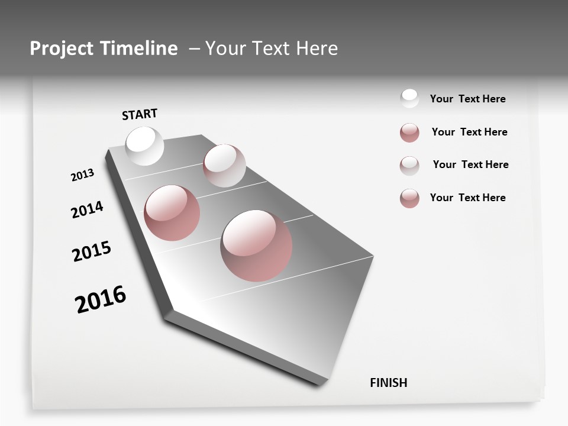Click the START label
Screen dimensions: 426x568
[x=140, y=114]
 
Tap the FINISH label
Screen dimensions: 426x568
[x=389, y=382]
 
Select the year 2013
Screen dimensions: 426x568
[x=82, y=175]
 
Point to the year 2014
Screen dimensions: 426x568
[x=87, y=209]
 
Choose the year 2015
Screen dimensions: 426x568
[x=92, y=251]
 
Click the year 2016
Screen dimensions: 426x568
[x=101, y=299]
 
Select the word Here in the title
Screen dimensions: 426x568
[x=317, y=49]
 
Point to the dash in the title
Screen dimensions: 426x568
[x=194, y=49]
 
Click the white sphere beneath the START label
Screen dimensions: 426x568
[x=144, y=146]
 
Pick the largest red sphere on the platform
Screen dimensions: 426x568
[x=256, y=246]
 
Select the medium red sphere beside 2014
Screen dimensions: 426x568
[x=172, y=212]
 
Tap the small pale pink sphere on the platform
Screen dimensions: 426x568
[x=224, y=166]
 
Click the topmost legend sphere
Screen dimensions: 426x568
[x=409, y=98]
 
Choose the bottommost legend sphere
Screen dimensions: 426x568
[x=409, y=198]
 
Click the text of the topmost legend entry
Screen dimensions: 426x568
[x=467, y=99]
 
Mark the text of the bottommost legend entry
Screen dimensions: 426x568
[x=467, y=198]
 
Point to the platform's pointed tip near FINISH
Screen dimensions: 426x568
[x=322, y=382]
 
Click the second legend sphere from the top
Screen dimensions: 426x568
[x=409, y=133]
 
